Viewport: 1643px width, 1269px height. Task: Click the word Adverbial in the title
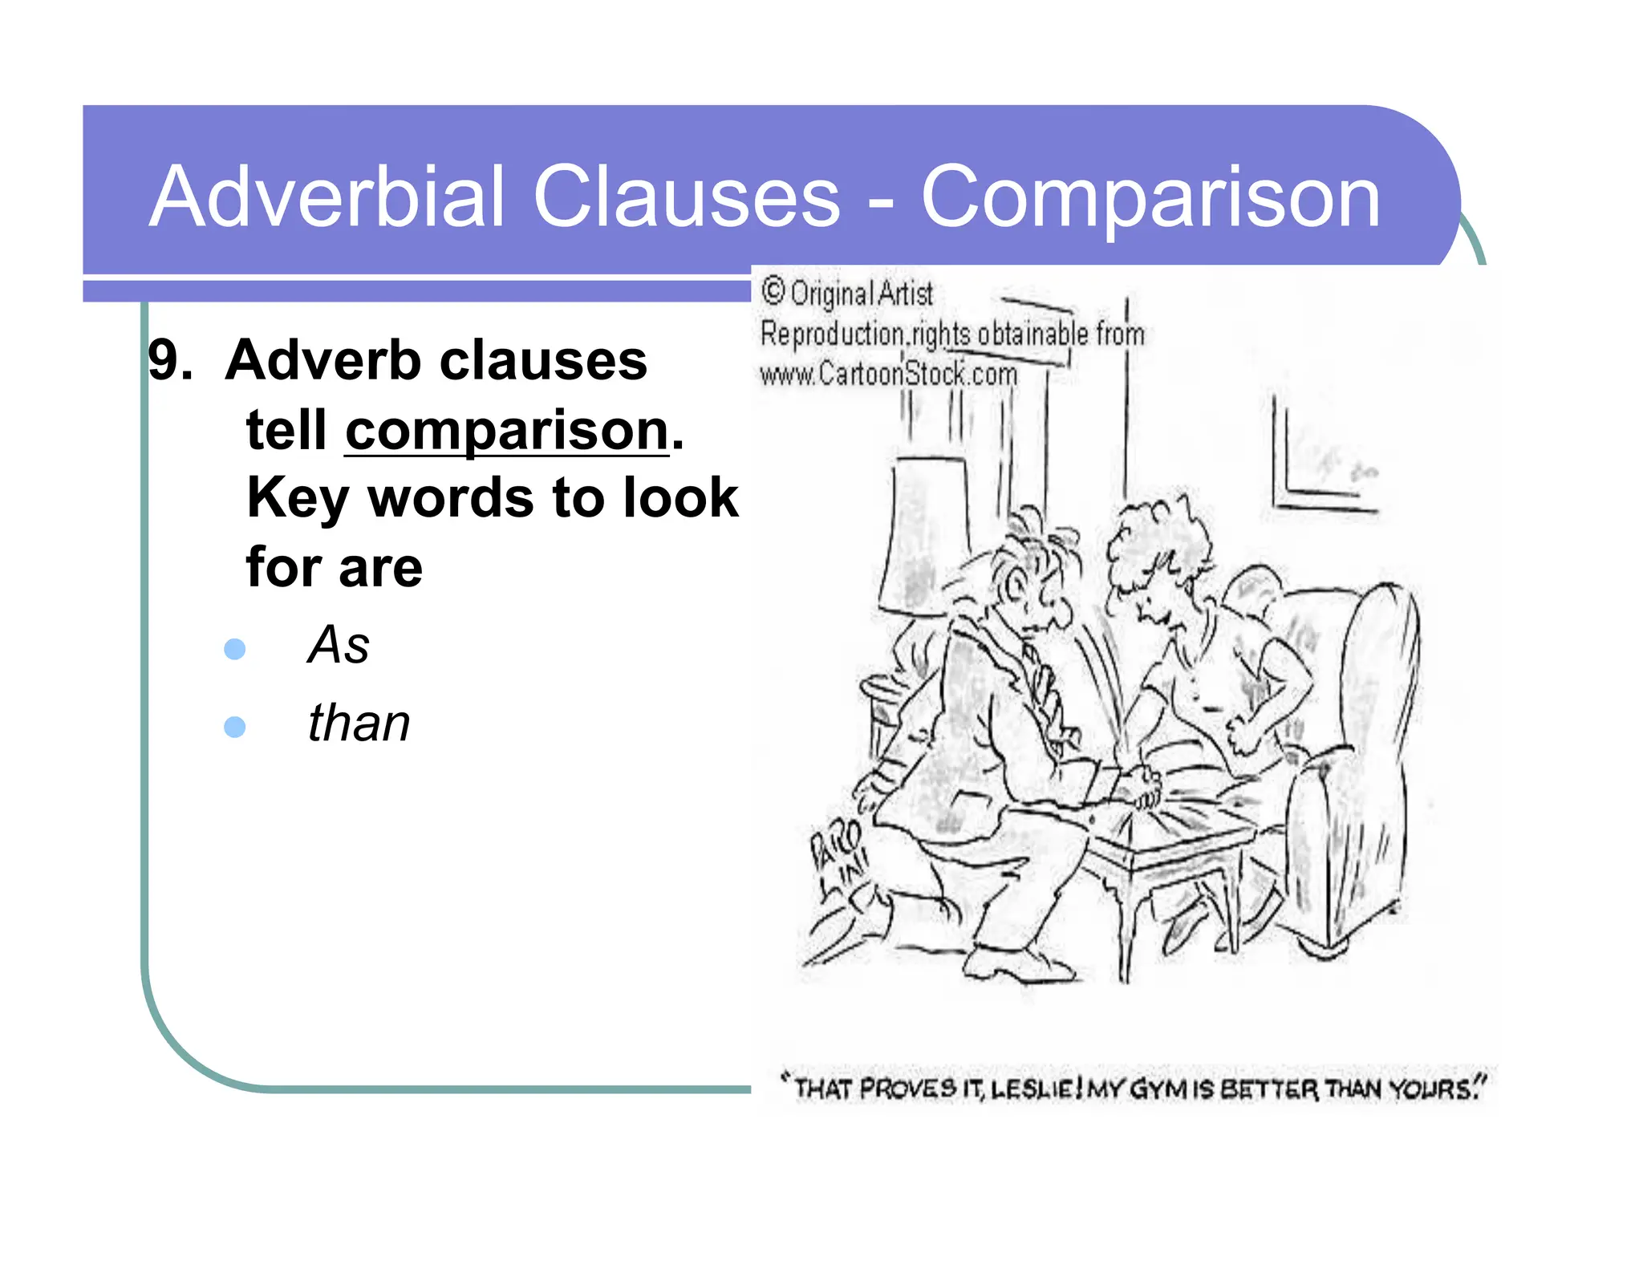click(x=327, y=197)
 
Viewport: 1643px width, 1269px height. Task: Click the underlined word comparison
click(x=506, y=431)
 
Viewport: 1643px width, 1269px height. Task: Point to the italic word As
click(x=339, y=645)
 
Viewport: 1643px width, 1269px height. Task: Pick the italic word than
click(x=359, y=724)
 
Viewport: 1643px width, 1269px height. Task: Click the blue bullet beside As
click(x=235, y=648)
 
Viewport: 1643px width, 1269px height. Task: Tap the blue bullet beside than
click(x=235, y=727)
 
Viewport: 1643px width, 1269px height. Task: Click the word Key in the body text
click(x=297, y=499)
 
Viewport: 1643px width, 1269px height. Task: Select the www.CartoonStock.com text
click(x=888, y=374)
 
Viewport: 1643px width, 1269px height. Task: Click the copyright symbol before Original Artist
click(x=773, y=291)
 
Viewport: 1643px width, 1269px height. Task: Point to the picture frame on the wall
click(x=1324, y=465)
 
